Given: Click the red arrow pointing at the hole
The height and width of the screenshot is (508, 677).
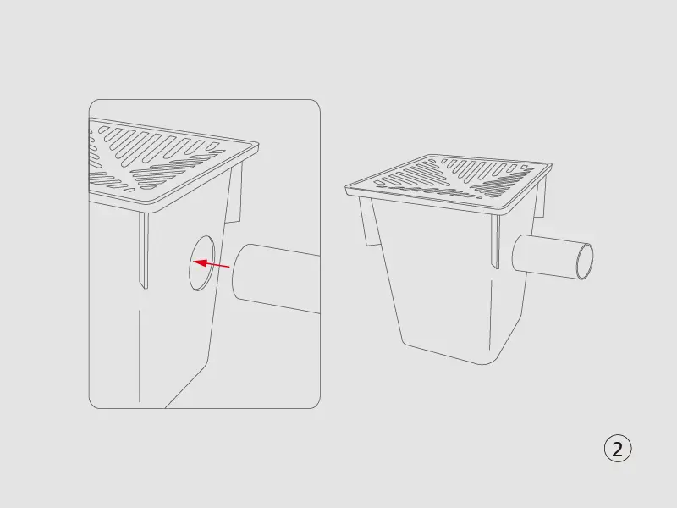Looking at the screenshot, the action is [211, 264].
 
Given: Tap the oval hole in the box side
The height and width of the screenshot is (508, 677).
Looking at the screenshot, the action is [201, 263].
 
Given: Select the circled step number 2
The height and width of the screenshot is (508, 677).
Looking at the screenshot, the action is [618, 449].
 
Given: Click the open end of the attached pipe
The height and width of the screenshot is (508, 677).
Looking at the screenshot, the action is [585, 262].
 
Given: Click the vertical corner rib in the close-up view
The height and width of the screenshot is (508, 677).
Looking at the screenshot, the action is [144, 251].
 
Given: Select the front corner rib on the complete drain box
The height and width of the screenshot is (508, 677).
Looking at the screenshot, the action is [495, 242].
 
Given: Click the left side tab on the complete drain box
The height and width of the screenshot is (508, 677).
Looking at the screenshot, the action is [366, 222].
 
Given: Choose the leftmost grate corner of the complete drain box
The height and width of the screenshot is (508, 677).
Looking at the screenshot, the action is [347, 188].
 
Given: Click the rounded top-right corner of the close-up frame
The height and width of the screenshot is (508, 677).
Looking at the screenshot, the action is [314, 105].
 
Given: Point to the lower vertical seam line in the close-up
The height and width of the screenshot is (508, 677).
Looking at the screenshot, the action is [140, 356].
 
